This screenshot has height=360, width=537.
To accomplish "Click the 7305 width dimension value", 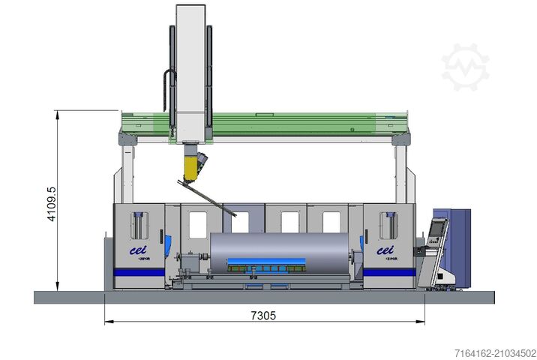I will click(264, 316).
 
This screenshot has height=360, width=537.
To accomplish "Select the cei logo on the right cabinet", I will click(385, 251).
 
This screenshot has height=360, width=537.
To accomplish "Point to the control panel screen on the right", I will click(437, 229).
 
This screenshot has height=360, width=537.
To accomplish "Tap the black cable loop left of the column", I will click(166, 91).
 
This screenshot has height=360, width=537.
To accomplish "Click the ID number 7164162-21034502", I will click(494, 352).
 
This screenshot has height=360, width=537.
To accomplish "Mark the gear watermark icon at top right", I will click(465, 67).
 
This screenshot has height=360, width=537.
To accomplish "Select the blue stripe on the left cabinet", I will click(139, 272).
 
